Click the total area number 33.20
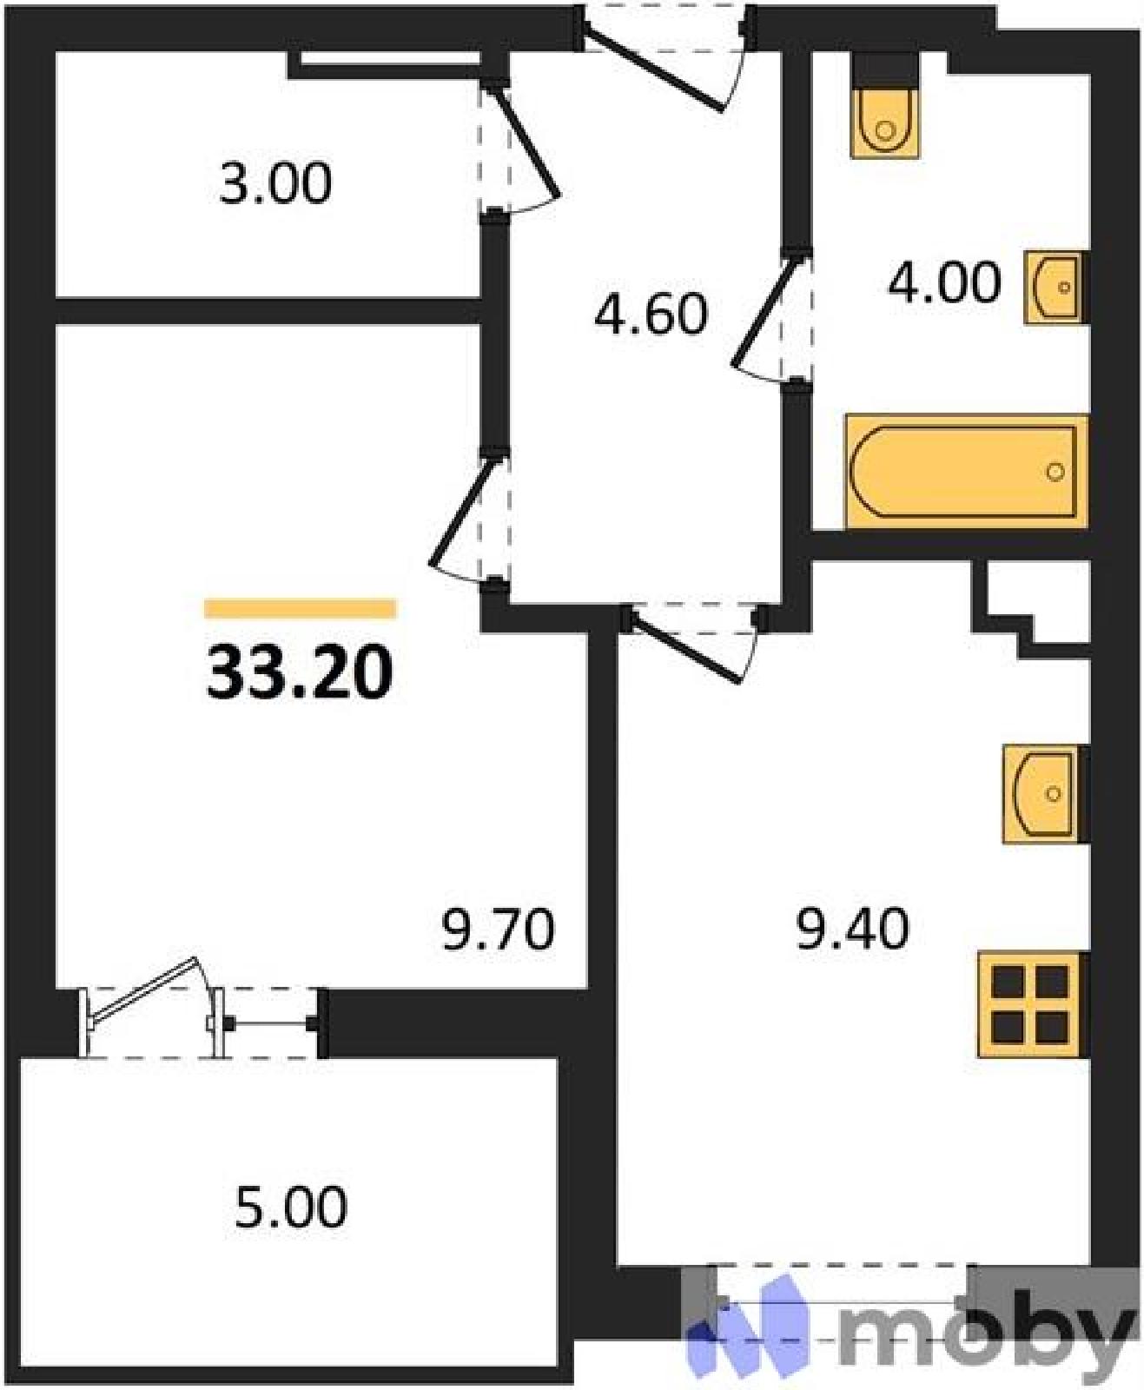tap(300, 672)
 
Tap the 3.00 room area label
tap(275, 184)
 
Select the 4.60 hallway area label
tap(651, 314)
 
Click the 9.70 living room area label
tap(499, 930)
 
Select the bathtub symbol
tap(966, 472)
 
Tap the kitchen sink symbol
tap(1045, 794)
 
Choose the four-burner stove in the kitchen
tap(1032, 1005)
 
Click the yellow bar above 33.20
tap(300, 608)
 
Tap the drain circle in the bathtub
tap(1055, 472)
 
